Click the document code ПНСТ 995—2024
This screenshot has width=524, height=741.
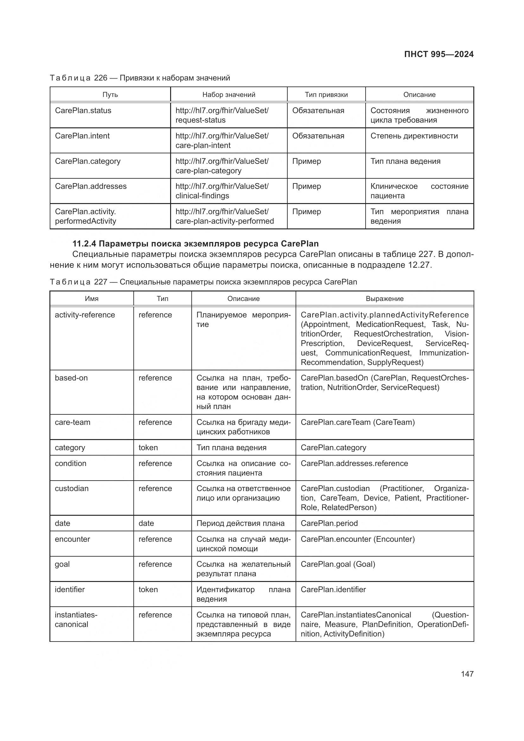[438, 54]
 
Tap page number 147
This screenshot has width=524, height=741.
[467, 674]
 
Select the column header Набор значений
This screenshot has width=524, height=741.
[229, 94]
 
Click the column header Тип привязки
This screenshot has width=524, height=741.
[326, 94]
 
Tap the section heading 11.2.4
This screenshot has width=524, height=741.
[195, 244]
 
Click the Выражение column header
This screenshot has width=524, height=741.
[385, 299]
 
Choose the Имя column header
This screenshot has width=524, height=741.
[92, 299]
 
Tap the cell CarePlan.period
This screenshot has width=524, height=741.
[329, 523]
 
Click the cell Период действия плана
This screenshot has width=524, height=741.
[240, 523]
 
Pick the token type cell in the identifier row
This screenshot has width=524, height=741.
[148, 590]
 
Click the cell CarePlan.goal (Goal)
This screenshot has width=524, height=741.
[338, 564]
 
